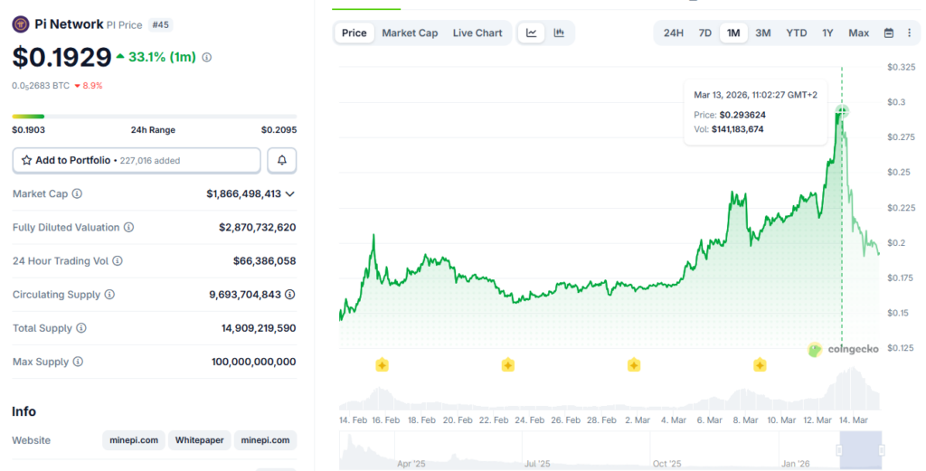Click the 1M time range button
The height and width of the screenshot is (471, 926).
(732, 33)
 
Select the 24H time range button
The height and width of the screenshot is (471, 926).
(674, 33)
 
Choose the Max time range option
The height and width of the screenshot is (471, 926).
(858, 33)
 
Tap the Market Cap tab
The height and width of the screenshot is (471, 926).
(410, 33)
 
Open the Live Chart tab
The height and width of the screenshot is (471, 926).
(477, 33)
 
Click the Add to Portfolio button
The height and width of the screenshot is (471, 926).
(137, 160)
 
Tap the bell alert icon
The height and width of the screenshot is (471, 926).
(282, 160)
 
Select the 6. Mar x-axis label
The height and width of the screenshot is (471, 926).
(709, 420)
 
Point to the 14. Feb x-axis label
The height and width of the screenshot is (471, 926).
(353, 420)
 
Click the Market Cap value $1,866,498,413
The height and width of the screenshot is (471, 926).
(243, 193)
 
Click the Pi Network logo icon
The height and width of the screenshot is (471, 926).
(21, 24)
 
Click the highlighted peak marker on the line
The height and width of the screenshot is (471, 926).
(842, 111)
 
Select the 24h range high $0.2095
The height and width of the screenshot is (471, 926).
(279, 130)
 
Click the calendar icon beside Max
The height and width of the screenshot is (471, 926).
(888, 33)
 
